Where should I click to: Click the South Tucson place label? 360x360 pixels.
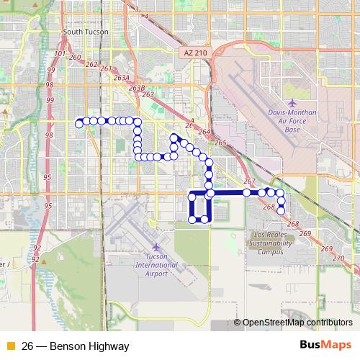click(x=84, y=32)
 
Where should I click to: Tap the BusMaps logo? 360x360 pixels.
click(x=325, y=346)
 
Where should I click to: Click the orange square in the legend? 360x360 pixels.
click(x=9, y=346)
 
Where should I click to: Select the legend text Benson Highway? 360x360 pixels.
click(x=75, y=346)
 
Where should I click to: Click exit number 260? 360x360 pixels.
click(x=74, y=58)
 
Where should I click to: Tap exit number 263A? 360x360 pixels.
click(x=121, y=78)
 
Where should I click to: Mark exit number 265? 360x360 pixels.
click(x=220, y=143)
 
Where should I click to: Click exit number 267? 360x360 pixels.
click(x=251, y=181)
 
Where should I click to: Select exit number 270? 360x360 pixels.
click(x=339, y=258)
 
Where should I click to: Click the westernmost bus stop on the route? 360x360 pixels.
click(x=78, y=124)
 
